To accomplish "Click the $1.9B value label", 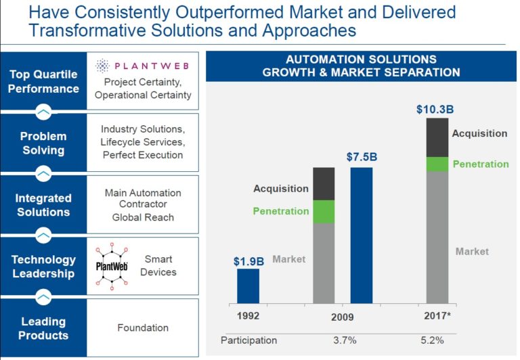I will pyautogui.click(x=248, y=261).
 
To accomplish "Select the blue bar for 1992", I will pyautogui.click(x=248, y=286).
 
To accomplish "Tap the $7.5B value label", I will pyautogui.click(x=362, y=157).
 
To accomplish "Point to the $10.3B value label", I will pyautogui.click(x=435, y=109).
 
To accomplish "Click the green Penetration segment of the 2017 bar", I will pyautogui.click(x=437, y=164).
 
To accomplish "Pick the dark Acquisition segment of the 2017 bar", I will pyautogui.click(x=437, y=137).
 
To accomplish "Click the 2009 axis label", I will pyautogui.click(x=343, y=317).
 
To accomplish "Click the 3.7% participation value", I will pyautogui.click(x=345, y=340).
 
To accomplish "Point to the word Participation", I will pyautogui.click(x=249, y=340).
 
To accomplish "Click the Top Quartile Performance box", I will pyautogui.click(x=43, y=81).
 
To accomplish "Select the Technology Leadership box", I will pyautogui.click(x=43, y=266).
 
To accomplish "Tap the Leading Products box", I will pyautogui.click(x=43, y=328).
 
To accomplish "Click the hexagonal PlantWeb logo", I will pyautogui.click(x=111, y=265).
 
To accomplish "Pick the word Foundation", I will pyautogui.click(x=143, y=328).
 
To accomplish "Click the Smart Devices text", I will pyautogui.click(x=158, y=265).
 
